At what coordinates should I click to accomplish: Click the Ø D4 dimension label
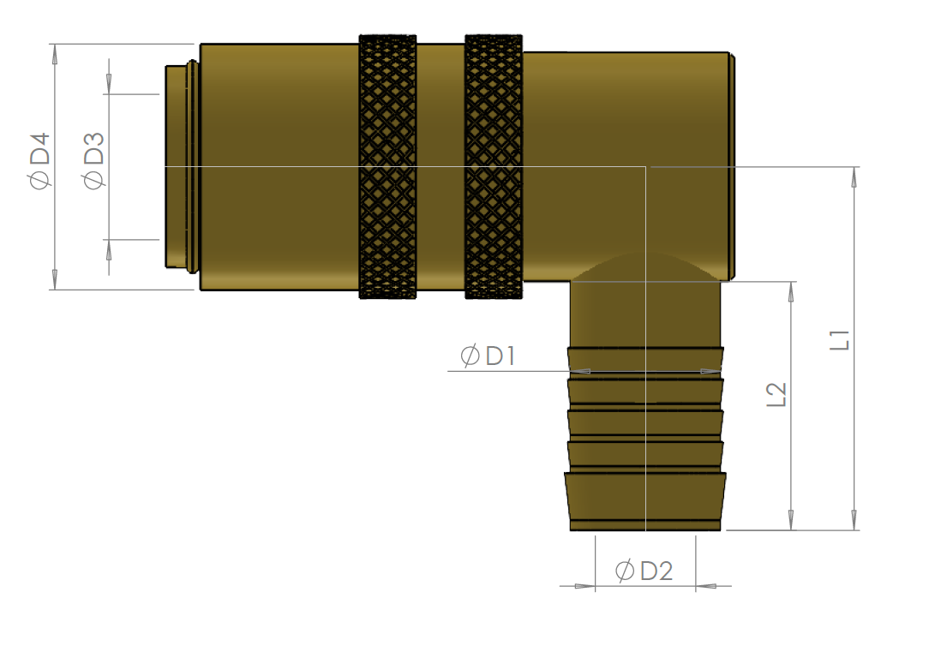(x=39, y=161)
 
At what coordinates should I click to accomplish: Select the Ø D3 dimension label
(x=93, y=160)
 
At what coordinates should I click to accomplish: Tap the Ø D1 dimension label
(x=488, y=356)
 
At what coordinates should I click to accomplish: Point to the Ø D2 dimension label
(x=644, y=571)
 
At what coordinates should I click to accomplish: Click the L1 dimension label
(x=840, y=340)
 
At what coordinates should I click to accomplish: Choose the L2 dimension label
(x=776, y=394)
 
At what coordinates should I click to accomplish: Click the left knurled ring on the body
(x=388, y=166)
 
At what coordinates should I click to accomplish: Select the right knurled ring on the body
(x=494, y=166)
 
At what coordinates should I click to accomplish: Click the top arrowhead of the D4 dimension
(x=55, y=54)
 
